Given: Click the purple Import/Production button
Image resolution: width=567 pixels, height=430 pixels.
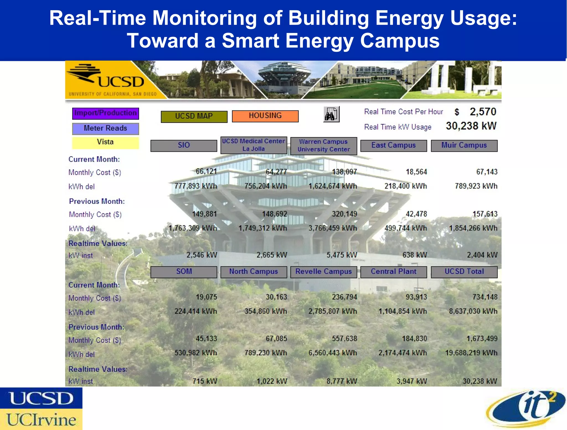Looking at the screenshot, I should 105,113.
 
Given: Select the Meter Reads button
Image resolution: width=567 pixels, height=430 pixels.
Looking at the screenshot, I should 105,128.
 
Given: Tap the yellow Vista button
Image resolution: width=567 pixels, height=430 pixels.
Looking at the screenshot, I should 105,142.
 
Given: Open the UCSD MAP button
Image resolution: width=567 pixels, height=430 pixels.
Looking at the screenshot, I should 194,116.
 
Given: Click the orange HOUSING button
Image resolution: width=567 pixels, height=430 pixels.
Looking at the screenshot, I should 265,116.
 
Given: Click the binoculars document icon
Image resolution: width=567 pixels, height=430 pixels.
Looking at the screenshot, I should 331,114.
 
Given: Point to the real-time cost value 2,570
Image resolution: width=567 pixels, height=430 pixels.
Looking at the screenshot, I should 483,112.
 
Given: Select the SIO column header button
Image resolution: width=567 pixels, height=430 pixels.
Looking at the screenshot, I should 184,145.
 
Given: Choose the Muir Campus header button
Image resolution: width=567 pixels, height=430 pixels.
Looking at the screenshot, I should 464,145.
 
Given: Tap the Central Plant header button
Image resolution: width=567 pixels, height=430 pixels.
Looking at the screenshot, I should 393,272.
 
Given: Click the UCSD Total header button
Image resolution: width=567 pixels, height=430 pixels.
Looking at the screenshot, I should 464,272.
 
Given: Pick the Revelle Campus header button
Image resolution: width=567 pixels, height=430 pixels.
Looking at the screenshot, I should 323,272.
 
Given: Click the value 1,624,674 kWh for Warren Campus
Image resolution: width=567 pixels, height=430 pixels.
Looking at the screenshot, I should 333,186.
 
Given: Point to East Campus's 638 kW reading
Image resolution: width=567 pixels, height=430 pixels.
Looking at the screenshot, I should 414,255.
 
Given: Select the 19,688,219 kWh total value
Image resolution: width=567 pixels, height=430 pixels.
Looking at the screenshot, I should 471,353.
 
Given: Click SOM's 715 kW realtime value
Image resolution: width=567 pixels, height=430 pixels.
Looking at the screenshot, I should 205,381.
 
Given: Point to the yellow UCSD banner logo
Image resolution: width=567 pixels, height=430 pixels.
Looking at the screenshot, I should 111,80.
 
